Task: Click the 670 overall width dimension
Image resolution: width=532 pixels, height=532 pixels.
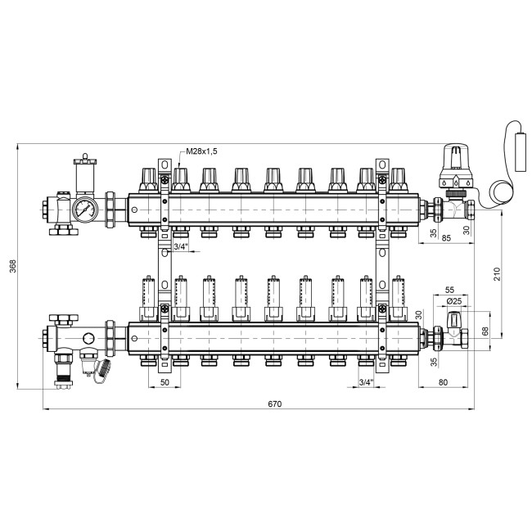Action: (x=274, y=404)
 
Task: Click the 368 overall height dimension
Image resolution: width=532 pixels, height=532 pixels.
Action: (x=13, y=266)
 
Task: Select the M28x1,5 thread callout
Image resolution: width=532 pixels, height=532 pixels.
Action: (x=201, y=151)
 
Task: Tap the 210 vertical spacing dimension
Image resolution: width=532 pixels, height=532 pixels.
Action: (x=497, y=274)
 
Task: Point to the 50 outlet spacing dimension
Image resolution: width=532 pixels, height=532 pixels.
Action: (x=165, y=382)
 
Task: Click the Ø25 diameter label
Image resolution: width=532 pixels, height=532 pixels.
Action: (x=454, y=301)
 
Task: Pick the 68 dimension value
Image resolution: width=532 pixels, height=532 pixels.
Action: (x=485, y=331)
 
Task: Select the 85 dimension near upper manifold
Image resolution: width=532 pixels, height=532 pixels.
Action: (x=446, y=238)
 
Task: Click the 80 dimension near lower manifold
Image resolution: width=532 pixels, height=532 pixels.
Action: (x=443, y=382)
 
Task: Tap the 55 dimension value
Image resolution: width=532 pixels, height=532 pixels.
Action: (x=449, y=290)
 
